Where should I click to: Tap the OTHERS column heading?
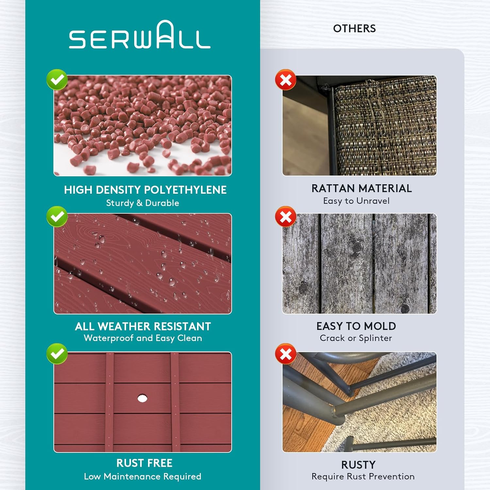[354, 29]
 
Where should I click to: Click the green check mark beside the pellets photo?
[57, 80]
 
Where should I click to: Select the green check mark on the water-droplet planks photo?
[57, 217]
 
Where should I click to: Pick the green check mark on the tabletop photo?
[57, 354]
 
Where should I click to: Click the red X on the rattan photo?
[286, 80]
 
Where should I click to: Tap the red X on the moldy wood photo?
[286, 217]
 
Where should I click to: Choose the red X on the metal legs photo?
[286, 354]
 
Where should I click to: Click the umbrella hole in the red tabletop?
[142, 398]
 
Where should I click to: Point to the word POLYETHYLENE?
[185, 190]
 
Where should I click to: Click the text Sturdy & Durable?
[143, 203]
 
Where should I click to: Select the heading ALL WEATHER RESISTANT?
[143, 326]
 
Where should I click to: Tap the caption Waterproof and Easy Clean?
[143, 338]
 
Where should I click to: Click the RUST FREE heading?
[144, 463]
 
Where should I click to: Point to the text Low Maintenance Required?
[143, 477]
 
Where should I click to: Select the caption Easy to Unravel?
[356, 201]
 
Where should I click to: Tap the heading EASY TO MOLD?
[356, 326]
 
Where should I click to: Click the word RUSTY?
[358, 465]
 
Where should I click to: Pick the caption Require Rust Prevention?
[363, 477]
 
